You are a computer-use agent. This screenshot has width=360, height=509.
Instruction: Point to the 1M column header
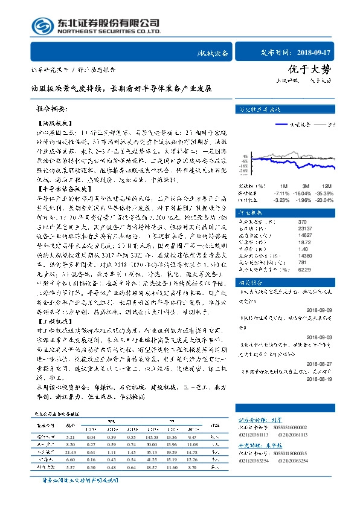tap(283, 186)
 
